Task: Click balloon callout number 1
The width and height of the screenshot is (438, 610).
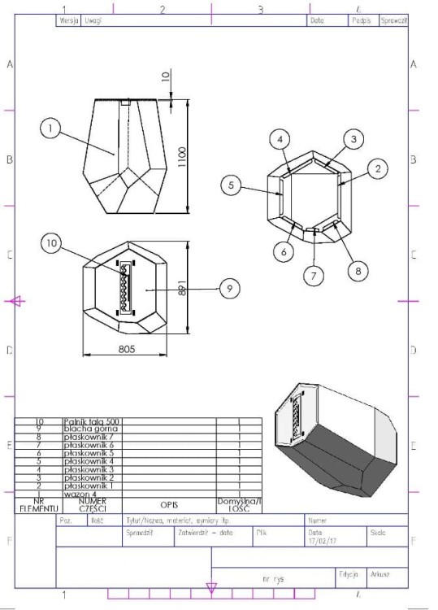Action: pyautogui.click(x=50, y=128)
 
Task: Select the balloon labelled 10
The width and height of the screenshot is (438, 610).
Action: pyautogui.click(x=54, y=244)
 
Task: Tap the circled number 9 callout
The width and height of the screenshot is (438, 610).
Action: pyautogui.click(x=230, y=287)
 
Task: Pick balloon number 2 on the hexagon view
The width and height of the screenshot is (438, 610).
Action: pyautogui.click(x=376, y=168)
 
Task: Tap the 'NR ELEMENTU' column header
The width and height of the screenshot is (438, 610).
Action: pyautogui.click(x=35, y=504)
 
